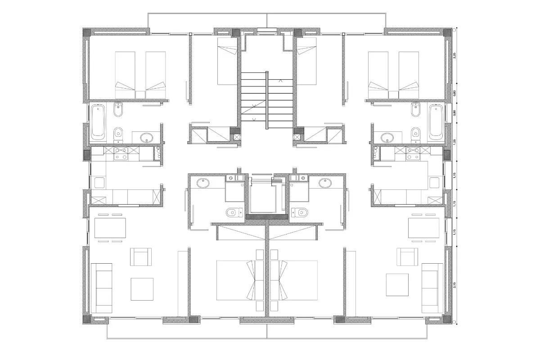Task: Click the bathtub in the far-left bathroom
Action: point(98,122)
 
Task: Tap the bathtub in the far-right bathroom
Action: point(436,122)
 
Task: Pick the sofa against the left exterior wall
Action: point(102,288)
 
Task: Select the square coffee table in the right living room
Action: point(397,285)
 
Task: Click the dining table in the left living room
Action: point(110,228)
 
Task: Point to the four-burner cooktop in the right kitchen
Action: point(413,154)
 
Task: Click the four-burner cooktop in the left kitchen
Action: point(121,154)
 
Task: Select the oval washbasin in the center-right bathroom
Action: point(324,183)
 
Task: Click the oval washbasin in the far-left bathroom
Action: point(146,137)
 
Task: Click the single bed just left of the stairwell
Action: point(227,61)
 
